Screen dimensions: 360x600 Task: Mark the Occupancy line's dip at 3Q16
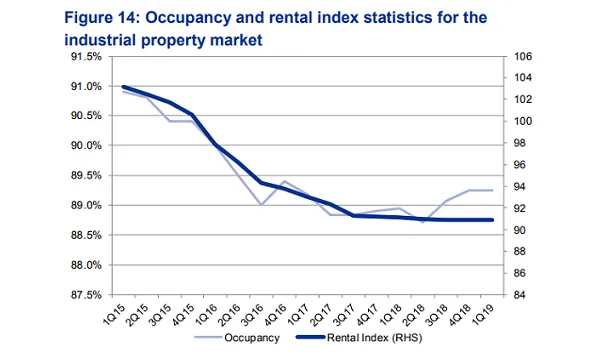tap(261, 205)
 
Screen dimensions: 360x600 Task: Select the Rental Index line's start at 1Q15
tap(123, 87)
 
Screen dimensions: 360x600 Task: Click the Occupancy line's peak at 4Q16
tap(284, 181)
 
